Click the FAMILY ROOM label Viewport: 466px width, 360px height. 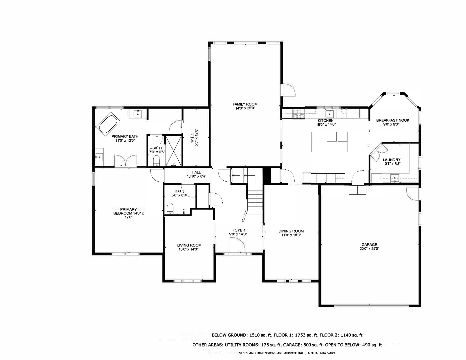(x=245, y=106)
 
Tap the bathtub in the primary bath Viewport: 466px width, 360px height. (x=108, y=124)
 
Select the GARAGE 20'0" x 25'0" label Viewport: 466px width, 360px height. (x=369, y=246)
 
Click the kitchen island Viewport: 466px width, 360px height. (x=329, y=142)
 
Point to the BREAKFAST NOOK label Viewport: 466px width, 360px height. (x=392, y=122)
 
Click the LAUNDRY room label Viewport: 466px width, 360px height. (x=391, y=162)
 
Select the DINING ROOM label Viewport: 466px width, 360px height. (x=291, y=233)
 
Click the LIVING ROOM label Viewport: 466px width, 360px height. (x=189, y=247)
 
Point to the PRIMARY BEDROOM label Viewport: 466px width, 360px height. (x=128, y=213)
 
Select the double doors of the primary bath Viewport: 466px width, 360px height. (x=125, y=161)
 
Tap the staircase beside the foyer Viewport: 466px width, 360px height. (x=255, y=203)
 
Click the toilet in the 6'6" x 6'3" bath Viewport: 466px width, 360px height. (x=170, y=209)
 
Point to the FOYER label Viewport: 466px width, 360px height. (x=239, y=232)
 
